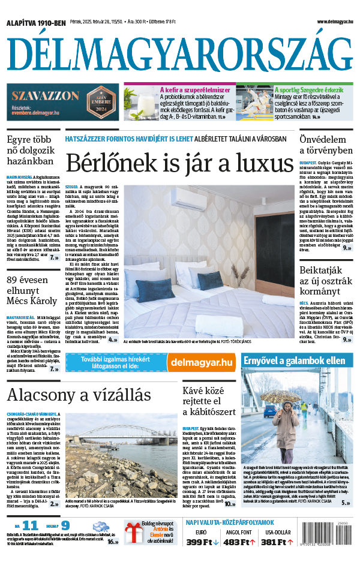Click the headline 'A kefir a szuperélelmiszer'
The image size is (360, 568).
click(x=195, y=90)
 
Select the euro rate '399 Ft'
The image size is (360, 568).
click(x=202, y=542)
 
